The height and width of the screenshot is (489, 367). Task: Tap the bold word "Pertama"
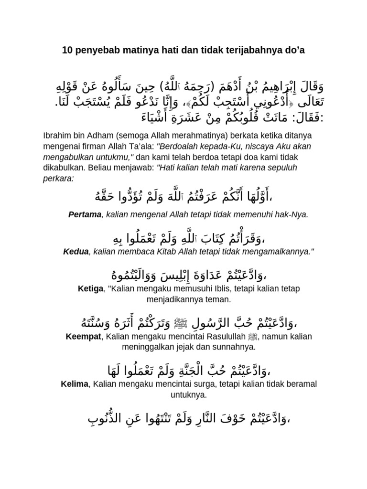point(85,215)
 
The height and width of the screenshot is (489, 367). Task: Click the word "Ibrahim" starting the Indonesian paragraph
point(58,136)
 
